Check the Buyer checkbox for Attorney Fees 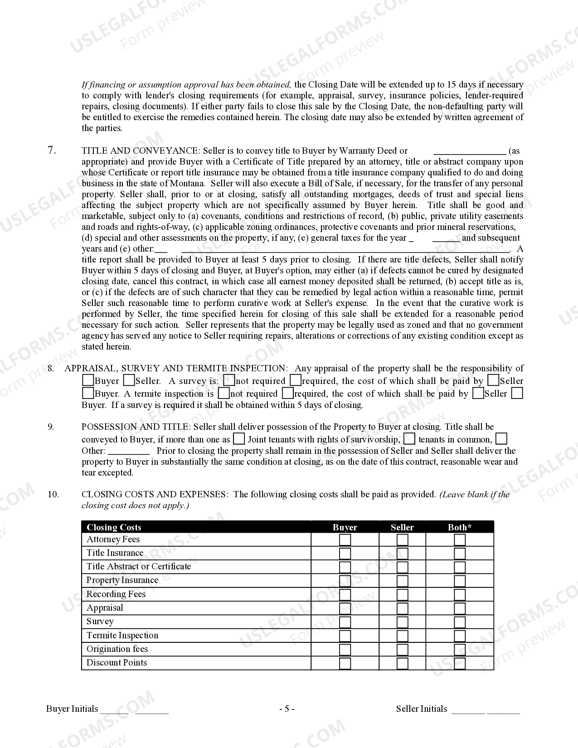345,539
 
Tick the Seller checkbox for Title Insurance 402,553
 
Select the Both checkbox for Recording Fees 460,594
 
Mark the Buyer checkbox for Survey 345,622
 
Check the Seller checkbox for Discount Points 402,663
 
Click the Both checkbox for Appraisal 460,608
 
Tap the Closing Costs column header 114,527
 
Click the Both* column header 460,527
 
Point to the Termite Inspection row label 122,635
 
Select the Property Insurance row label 122,580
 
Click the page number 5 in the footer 287,709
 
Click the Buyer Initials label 72,709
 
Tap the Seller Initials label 422,709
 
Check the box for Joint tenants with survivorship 239,439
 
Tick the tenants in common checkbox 409,439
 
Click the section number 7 52,150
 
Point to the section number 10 53,494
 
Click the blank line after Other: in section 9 129,452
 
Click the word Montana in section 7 187,184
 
